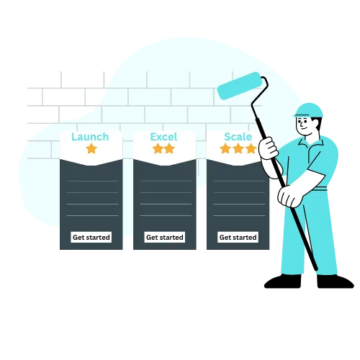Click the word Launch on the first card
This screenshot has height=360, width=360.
90,137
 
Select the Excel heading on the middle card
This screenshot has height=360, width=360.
163,137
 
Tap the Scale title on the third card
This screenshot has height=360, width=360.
238,137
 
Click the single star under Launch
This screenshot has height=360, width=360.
91,148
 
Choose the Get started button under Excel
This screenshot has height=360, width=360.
165,237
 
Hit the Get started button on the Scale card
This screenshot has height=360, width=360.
238,237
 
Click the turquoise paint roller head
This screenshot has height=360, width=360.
240,86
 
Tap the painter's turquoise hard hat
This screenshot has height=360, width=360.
308,110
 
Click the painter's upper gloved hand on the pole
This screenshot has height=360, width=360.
268,148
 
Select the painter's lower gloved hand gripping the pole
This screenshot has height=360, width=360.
291,196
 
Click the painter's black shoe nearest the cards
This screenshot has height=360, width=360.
282,281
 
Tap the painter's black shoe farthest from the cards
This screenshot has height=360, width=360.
336,282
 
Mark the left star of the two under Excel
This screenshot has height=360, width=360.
158,148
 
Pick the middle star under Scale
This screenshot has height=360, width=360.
238,148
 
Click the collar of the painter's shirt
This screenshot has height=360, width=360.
311,142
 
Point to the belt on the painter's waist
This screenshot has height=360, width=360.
320,189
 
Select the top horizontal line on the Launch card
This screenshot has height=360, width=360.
93,181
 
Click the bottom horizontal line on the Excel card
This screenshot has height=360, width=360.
166,215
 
